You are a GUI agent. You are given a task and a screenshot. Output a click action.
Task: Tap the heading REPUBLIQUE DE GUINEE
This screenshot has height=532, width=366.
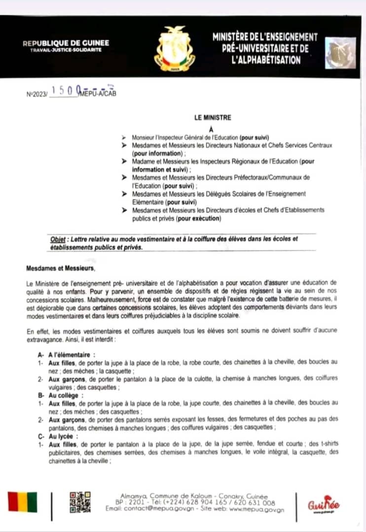(66, 43)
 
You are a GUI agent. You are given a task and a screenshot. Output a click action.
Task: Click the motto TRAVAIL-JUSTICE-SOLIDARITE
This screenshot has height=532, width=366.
(66, 51)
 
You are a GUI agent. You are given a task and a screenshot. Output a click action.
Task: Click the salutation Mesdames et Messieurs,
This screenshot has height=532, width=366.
(60, 268)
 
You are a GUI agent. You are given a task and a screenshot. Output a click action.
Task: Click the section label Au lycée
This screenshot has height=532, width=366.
(64, 436)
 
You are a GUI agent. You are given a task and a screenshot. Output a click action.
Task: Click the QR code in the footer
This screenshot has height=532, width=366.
(79, 502)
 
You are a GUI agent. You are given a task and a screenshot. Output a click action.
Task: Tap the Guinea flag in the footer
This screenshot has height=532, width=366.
(22, 502)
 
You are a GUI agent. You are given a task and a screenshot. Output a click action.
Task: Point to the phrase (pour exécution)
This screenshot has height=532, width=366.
(199, 218)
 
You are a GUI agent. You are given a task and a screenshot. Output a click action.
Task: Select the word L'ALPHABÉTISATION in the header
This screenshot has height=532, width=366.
(265, 60)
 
